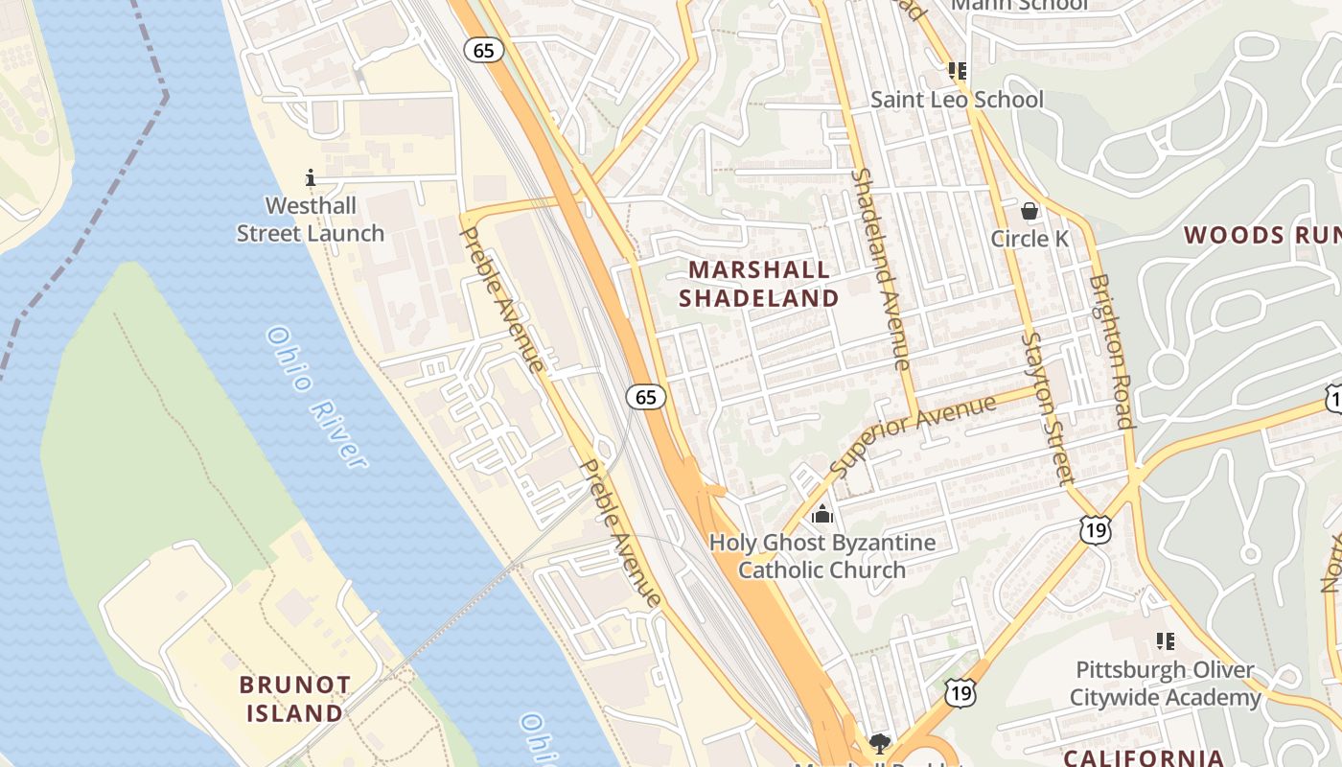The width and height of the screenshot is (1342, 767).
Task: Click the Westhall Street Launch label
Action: tap(311, 220)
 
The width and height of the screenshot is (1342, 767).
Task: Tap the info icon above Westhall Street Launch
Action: tap(311, 177)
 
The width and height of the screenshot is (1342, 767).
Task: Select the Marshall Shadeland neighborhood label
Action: tap(758, 284)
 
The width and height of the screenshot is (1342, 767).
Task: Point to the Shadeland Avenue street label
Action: tap(880, 269)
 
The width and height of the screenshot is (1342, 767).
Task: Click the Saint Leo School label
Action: tap(957, 100)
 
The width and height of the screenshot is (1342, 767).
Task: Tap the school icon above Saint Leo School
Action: tap(957, 71)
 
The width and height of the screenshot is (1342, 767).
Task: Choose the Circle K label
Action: tap(1030, 239)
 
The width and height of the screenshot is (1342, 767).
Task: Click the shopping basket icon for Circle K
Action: tap(1030, 211)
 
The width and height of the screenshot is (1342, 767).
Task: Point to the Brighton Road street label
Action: tap(1112, 352)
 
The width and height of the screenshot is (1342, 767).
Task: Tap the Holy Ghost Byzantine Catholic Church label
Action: tap(821, 556)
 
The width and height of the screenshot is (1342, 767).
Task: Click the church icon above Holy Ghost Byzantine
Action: tap(821, 515)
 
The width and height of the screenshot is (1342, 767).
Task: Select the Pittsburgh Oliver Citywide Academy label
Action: tap(1165, 684)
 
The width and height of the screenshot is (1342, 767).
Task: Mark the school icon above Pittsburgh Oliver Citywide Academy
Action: tap(1165, 641)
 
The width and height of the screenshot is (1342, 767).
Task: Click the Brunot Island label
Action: tap(295, 699)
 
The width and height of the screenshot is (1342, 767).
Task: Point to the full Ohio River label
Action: tap(316, 398)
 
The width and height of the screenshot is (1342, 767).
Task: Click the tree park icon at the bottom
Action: tap(878, 743)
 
